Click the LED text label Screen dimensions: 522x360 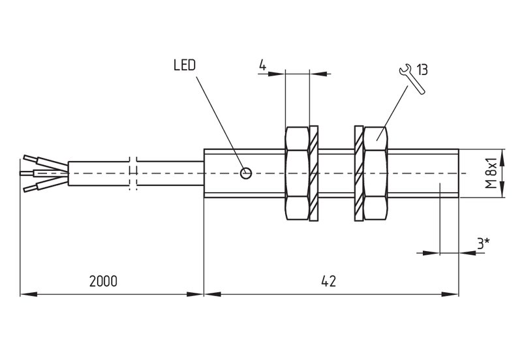(x=185, y=65)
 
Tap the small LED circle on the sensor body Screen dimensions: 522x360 (x=246, y=173)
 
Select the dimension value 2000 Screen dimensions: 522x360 (x=103, y=282)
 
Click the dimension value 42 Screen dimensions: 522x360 (x=329, y=282)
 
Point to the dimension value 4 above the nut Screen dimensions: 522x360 (x=263, y=65)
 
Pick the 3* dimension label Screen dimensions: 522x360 (x=484, y=244)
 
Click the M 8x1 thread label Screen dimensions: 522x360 (x=491, y=173)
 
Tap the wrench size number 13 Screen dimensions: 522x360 (x=422, y=70)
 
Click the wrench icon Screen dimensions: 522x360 (x=412, y=79)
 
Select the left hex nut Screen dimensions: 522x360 (x=297, y=173)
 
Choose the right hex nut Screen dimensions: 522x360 (x=376, y=173)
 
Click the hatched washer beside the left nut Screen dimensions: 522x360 (x=314, y=173)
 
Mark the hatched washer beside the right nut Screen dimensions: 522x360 (x=358, y=173)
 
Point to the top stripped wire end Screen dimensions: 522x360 (x=31, y=158)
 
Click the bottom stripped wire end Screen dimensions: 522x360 (x=31, y=188)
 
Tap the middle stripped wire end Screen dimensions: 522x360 (x=27, y=173)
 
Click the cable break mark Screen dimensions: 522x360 (x=133, y=173)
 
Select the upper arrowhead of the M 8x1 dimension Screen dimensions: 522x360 (x=502, y=157)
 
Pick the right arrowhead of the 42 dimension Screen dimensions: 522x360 (x=450, y=294)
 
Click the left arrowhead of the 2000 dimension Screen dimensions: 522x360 (x=29, y=294)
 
